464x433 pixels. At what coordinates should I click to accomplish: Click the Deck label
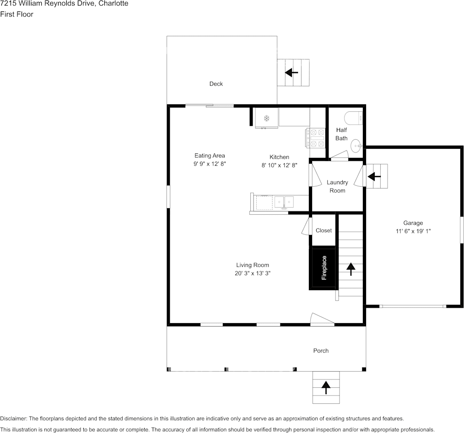coord(216,84)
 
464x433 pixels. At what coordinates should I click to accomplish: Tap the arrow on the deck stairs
coord(291,72)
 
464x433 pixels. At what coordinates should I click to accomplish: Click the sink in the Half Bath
coord(356,146)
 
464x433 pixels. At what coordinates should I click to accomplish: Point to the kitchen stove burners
coord(315,138)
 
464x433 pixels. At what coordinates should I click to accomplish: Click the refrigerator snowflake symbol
coord(267,119)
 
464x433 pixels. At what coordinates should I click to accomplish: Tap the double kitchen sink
coord(284,202)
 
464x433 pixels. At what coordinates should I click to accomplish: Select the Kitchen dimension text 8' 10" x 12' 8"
coord(279,165)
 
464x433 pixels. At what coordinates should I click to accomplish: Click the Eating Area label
coord(210,155)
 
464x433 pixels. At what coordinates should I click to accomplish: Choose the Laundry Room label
coord(337,186)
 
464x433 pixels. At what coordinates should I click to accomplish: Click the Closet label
coord(324,230)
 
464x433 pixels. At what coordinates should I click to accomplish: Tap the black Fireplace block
coord(323,268)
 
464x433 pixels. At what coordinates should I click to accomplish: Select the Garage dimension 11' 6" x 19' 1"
coord(413,231)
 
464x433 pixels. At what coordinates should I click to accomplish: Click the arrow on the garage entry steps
coord(374,177)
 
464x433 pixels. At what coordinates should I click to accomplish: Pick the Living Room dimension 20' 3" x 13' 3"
coord(253,273)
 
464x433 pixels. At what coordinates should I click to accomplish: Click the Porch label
coord(321,351)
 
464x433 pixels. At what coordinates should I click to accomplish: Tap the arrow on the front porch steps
coord(326,388)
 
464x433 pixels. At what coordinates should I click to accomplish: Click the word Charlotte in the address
coord(113,4)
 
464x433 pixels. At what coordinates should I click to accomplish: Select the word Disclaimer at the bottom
coord(13,418)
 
